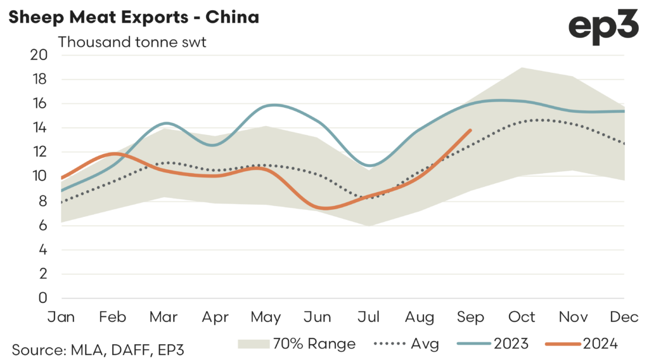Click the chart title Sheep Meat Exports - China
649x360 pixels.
click(x=133, y=17)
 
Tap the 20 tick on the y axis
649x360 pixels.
click(x=39, y=55)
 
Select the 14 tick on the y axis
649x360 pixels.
click(x=39, y=128)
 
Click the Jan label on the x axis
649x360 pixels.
click(x=61, y=316)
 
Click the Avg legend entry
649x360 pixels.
click(x=416, y=344)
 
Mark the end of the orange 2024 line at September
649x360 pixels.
click(x=470, y=130)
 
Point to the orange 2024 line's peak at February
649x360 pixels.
click(x=115, y=153)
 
